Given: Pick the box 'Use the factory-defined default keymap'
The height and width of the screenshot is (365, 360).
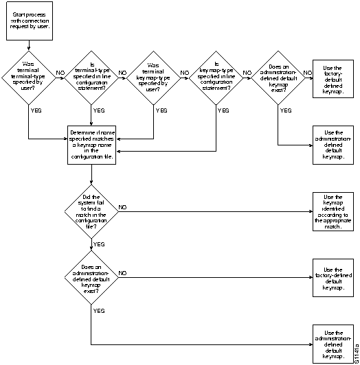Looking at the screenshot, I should (x=333, y=278).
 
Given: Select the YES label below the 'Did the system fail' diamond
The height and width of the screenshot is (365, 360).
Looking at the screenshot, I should (x=98, y=244).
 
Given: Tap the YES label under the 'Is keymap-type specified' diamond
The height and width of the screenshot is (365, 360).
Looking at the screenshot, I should (x=223, y=110).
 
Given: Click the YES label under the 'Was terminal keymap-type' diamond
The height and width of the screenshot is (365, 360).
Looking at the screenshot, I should (x=161, y=110).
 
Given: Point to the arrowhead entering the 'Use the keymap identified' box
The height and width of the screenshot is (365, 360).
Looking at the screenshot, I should (x=311, y=211).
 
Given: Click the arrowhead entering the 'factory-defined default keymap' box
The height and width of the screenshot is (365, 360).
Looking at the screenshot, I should (x=311, y=278).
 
